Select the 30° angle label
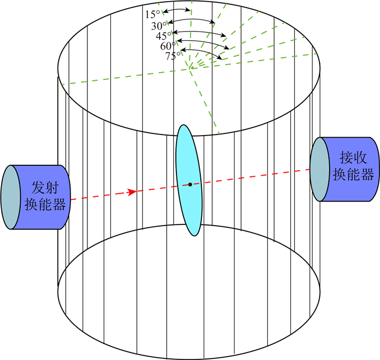point(159,25)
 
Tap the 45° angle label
point(164,36)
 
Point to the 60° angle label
point(168,47)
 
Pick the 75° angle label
point(173,56)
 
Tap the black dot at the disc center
point(190,184)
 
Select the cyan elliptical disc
point(189,163)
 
